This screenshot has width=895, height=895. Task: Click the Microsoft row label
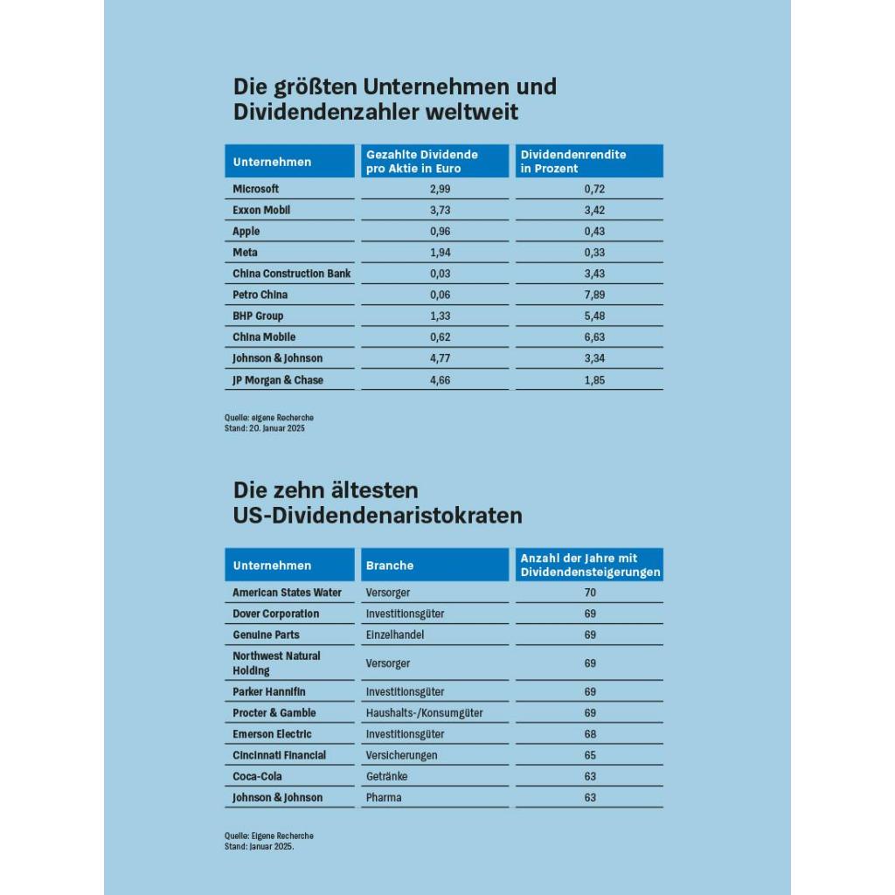256,189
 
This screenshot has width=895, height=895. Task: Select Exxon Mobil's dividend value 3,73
441,210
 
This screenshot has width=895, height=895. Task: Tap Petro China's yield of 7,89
594,295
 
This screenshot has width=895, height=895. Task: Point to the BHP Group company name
258,316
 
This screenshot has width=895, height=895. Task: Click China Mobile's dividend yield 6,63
594,336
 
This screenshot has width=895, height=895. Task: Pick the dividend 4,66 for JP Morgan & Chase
441,380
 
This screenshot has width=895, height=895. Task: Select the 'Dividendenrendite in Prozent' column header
573,162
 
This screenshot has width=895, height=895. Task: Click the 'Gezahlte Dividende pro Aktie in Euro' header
422,162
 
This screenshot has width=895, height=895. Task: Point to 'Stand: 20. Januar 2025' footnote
264,428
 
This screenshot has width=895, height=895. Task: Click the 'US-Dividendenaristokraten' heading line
378,516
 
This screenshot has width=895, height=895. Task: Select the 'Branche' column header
390,565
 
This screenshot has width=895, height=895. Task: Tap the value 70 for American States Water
590,593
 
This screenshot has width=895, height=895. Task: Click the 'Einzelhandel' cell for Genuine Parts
395,635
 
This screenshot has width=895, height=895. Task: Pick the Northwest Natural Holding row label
277,663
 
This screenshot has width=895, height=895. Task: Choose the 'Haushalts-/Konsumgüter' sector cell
424,713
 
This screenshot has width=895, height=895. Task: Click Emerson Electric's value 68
590,734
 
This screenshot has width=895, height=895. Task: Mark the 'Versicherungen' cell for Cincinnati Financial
401,755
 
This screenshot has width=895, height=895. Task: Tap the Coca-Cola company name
257,776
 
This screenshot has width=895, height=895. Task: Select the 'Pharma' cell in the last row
384,797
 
